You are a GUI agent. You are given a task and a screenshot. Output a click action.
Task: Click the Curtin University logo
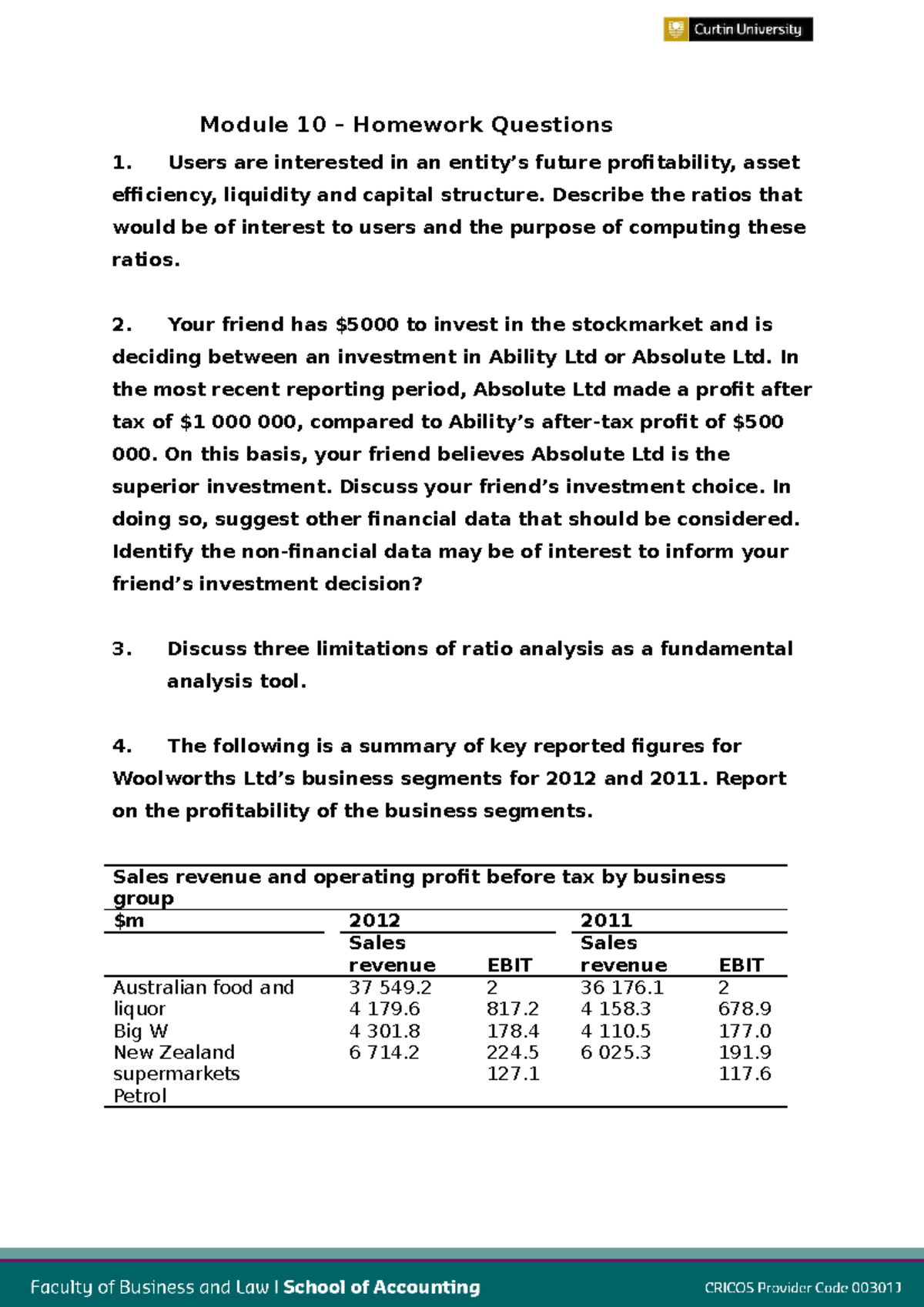point(738,29)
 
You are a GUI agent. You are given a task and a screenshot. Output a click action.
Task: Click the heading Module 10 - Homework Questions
point(406,125)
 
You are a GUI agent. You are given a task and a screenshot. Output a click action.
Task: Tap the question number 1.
point(122,162)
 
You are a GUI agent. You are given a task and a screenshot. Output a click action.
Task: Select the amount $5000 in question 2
point(367,325)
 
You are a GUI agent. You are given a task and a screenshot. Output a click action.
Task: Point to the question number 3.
point(122,649)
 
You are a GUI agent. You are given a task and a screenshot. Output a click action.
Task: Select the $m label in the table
point(129,921)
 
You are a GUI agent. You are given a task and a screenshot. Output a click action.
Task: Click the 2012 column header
point(374,921)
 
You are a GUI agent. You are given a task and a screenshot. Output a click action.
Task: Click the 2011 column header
point(606,921)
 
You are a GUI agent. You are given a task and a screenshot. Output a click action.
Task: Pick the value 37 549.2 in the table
point(390,988)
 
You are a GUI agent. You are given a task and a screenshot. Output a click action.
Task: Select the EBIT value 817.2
point(512,1009)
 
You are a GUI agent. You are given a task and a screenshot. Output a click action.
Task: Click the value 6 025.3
point(615,1052)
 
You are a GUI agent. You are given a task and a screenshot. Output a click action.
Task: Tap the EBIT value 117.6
point(744,1074)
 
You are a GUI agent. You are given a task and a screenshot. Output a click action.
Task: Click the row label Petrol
point(139,1096)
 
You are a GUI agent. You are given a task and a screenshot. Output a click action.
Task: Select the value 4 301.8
point(384,1031)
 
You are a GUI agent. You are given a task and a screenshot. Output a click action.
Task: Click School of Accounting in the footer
point(381,1287)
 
